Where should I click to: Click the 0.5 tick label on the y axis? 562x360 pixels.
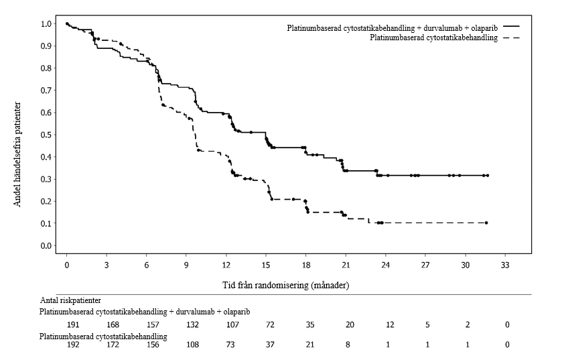[x=46, y=135]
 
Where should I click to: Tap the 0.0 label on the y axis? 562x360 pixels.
[x=46, y=246]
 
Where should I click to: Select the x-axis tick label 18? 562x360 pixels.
[x=305, y=265]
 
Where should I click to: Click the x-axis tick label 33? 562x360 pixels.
[x=504, y=265]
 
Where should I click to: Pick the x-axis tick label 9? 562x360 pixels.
[x=186, y=265]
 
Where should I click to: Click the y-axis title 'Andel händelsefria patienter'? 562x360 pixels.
[x=17, y=155]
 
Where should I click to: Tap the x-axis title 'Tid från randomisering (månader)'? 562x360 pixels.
[x=285, y=286]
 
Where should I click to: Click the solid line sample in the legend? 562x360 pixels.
[x=511, y=27]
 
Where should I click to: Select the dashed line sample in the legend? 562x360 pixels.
[x=511, y=38]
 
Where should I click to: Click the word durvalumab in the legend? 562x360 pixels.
[x=441, y=28]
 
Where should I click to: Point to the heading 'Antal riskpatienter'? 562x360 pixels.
[x=70, y=300]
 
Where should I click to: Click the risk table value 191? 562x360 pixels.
[x=73, y=325]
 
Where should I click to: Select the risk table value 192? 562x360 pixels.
[x=73, y=345]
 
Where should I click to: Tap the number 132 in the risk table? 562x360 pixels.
[x=192, y=325]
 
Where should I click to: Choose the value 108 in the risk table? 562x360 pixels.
[x=192, y=345]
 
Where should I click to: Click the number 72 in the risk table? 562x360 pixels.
[x=270, y=325]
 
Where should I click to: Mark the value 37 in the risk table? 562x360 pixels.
[x=270, y=345]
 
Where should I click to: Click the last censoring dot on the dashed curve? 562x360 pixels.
[x=486, y=223]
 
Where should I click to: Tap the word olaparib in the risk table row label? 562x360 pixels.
[x=236, y=312]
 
